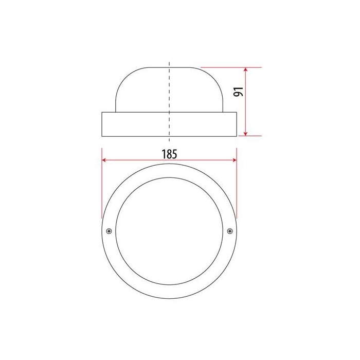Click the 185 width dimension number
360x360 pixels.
pyautogui.click(x=169, y=154)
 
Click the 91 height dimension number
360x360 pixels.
pyautogui.click(x=238, y=92)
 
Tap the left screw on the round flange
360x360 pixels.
pyautogui.click(x=109, y=231)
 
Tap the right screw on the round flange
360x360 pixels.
pyautogui.click(x=229, y=231)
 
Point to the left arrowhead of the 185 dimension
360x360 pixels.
pyautogui.click(x=104, y=160)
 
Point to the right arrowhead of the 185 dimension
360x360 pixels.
pyautogui.click(x=235, y=160)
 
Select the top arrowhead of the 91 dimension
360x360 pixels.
pyautogui.click(x=246, y=70)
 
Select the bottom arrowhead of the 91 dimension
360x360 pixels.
pyautogui.click(x=246, y=133)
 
